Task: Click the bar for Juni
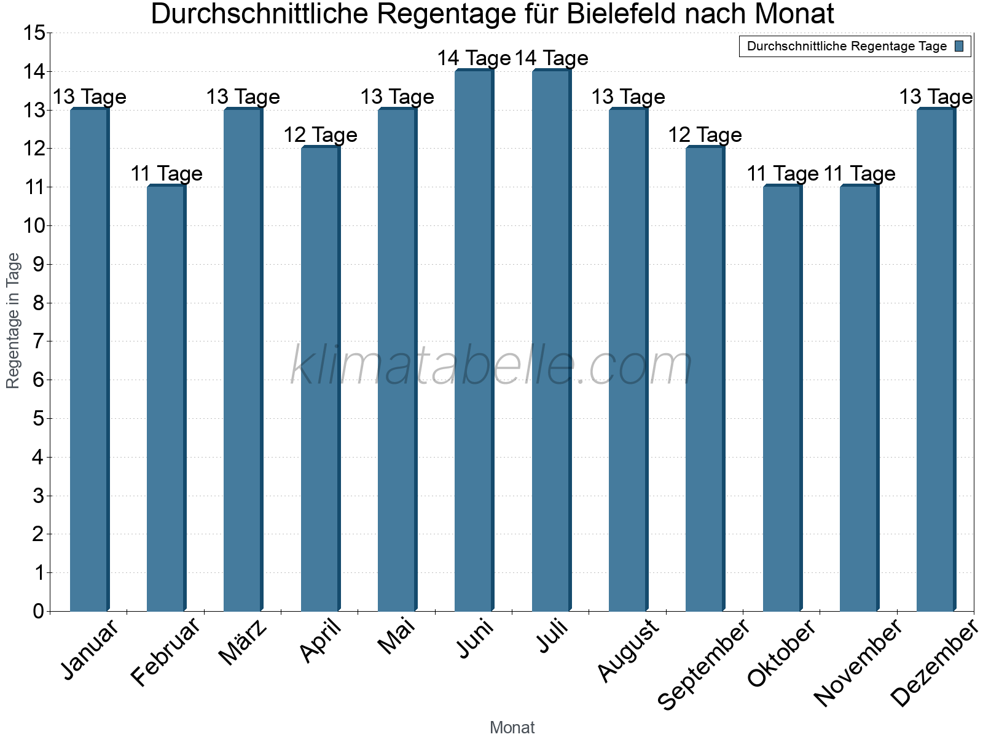pyautogui.click(x=474, y=341)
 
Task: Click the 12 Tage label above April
pyautogui.click(x=320, y=135)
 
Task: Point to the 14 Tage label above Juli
pyautogui.click(x=552, y=58)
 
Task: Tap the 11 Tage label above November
pyautogui.click(x=860, y=174)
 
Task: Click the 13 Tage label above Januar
pyautogui.click(x=90, y=97)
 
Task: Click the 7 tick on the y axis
pyautogui.click(x=39, y=341)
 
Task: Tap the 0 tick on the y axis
pyautogui.click(x=39, y=611)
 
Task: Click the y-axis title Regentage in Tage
pyautogui.click(x=13, y=321)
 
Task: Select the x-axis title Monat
pyautogui.click(x=512, y=728)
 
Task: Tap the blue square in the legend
pyautogui.click(x=960, y=46)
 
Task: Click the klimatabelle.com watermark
pyautogui.click(x=491, y=365)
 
